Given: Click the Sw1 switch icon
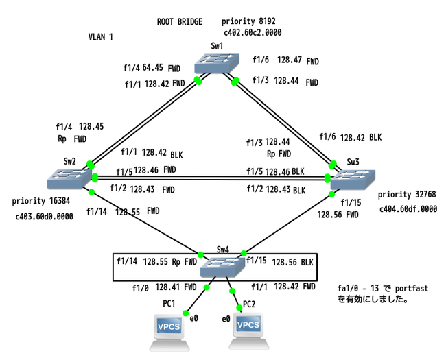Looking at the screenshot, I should tap(215, 66).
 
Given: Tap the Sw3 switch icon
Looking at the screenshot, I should tap(353, 180).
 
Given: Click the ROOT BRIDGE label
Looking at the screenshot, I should tap(180, 22).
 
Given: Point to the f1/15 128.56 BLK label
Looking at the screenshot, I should tap(282, 261).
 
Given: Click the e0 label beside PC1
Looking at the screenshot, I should tap(193, 319).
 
